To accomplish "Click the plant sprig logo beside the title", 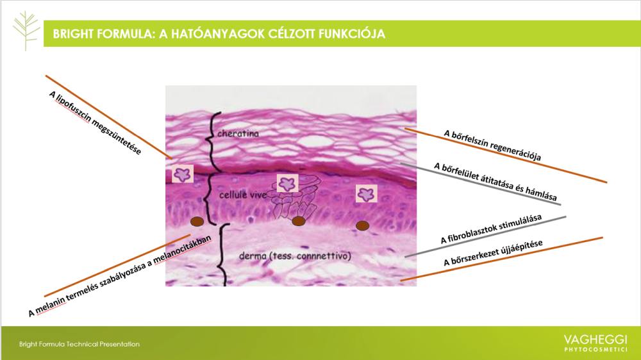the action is click(26, 31).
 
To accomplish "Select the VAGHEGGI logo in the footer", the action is click(595, 343).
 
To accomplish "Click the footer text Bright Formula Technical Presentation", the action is click(79, 344).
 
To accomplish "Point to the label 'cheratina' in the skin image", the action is click(238, 133).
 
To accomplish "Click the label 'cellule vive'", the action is click(243, 195).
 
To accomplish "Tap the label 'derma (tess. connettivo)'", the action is click(295, 256).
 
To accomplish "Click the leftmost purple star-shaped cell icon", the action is click(182, 174).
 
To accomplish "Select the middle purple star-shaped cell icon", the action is click(287, 183).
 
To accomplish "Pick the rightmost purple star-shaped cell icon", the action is click(366, 193).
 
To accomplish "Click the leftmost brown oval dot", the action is click(197, 222).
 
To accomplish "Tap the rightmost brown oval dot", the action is click(363, 225).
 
